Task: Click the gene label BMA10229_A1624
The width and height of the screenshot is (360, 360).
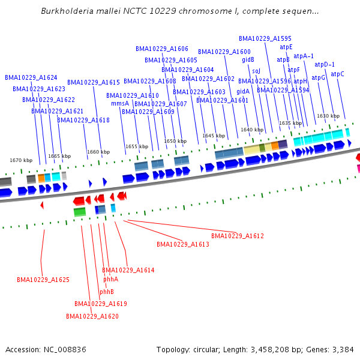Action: [x=31, y=77]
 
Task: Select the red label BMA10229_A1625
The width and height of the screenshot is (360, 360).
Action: [x=43, y=280]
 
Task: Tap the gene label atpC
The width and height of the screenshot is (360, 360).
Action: [x=338, y=74]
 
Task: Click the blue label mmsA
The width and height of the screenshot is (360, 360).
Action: [x=120, y=103]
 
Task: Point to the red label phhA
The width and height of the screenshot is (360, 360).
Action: [x=110, y=279]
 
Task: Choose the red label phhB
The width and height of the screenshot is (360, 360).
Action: [x=107, y=292]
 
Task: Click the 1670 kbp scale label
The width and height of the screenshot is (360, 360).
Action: [x=21, y=160]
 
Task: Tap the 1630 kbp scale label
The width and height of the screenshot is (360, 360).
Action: [x=328, y=116]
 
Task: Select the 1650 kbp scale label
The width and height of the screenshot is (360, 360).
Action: [x=175, y=141]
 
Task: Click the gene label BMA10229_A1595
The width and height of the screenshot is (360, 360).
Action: [x=265, y=38]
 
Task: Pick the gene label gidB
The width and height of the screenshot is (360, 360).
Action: [x=248, y=60]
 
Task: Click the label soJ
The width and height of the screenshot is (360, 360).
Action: [x=256, y=70]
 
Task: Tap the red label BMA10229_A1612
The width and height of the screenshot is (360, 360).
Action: [x=238, y=236]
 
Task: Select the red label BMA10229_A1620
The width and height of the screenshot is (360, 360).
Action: [x=92, y=316]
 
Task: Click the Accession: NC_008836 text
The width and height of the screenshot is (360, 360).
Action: [x=46, y=349]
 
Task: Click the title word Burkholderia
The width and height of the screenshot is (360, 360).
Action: [x=67, y=11]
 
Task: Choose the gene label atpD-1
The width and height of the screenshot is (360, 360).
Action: [x=325, y=64]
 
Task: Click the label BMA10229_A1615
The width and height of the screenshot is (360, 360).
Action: [x=94, y=82]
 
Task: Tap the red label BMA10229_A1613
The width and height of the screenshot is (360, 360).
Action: [x=183, y=244]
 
